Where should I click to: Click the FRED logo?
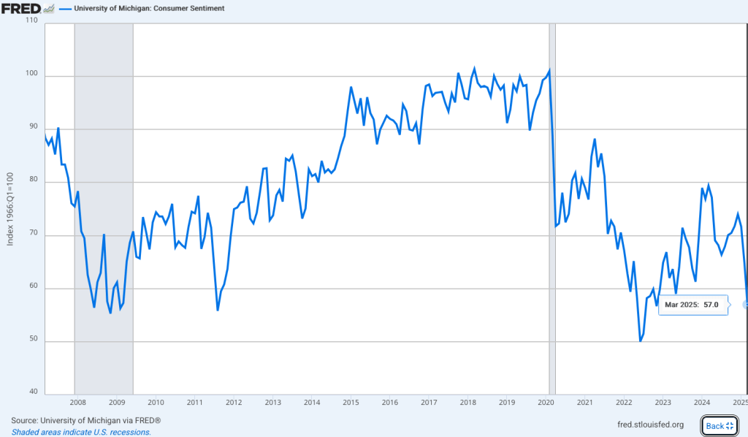(20, 8)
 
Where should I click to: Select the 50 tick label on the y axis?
(33, 341)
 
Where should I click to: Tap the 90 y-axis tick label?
(33, 129)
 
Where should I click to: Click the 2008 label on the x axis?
(77, 402)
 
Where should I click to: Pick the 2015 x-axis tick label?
(350, 402)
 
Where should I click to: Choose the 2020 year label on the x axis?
(546, 402)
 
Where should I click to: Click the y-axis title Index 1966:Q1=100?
(9, 209)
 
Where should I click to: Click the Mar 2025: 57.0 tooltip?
(692, 305)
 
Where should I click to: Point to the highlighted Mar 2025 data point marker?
(746, 304)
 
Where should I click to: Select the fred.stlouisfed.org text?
(650, 425)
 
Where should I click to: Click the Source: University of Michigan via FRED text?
(85, 420)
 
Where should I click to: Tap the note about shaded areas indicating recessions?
(81, 432)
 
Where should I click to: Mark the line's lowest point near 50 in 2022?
(641, 341)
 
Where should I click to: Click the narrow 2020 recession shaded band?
(552, 212)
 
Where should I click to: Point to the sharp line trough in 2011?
(218, 310)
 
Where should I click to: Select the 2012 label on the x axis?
(233, 402)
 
